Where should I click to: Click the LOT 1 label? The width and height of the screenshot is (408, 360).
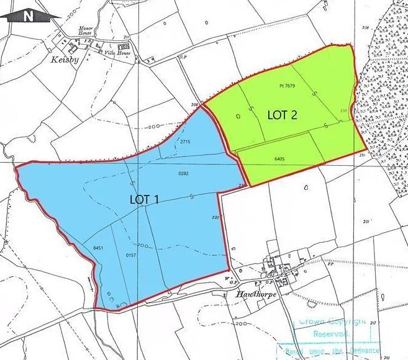145,200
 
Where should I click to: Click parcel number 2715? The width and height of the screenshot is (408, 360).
184,142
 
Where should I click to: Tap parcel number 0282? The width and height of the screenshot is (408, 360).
183,173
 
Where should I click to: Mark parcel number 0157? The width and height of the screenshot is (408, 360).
130,256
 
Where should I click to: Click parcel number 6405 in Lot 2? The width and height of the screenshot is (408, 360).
278,160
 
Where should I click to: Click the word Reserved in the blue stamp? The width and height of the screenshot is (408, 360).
328,334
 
